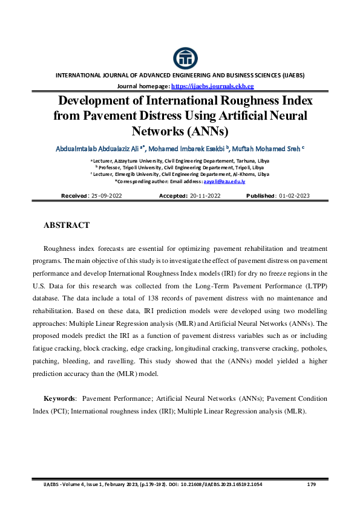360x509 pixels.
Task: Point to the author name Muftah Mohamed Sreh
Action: click(x=266, y=148)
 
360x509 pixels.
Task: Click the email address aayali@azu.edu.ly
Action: click(x=225, y=181)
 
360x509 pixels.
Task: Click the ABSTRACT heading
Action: click(x=67, y=225)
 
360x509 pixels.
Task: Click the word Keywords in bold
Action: click(x=59, y=399)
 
